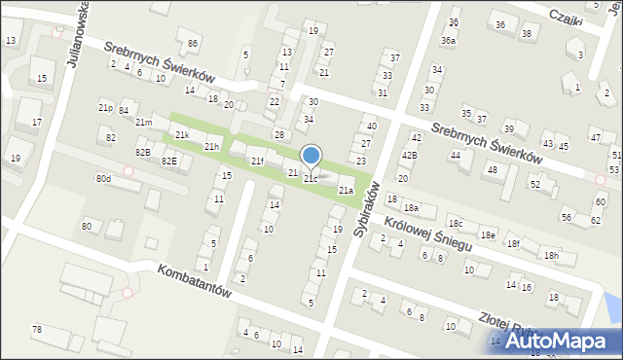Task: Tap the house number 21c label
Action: pos(310,179)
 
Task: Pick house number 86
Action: pos(193,44)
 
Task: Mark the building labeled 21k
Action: pos(182,134)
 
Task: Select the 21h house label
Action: pos(211,147)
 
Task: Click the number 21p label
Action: pos(106,106)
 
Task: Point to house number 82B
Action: pos(142,152)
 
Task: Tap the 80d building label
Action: pos(103,179)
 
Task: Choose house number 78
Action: pos(37,330)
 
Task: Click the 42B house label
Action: pos(410,155)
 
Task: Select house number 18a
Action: pos(411,207)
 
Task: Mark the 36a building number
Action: pos(448,40)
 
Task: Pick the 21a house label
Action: pos(346,190)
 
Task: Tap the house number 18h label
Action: pos(552,255)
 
